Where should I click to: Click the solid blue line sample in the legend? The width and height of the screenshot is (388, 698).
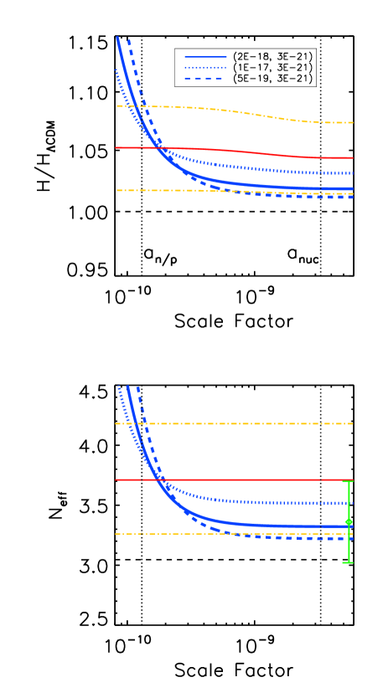pyautogui.click(x=205, y=57)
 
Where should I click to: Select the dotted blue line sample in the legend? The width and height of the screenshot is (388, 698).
pyautogui.click(x=205, y=68)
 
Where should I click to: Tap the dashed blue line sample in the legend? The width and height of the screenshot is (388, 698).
pyautogui.click(x=204, y=79)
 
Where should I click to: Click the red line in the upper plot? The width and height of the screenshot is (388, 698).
pyautogui.click(x=251, y=152)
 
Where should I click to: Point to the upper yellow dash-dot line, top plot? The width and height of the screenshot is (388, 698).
pyautogui.click(x=251, y=113)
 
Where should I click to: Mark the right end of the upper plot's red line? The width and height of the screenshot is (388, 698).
pyautogui.click(x=352, y=157)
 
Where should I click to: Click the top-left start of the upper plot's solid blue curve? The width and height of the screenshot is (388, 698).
pyautogui.click(x=117, y=38)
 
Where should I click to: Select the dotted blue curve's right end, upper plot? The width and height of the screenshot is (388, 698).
pyautogui.click(x=352, y=173)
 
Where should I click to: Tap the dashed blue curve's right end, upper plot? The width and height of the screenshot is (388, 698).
pyautogui.click(x=352, y=198)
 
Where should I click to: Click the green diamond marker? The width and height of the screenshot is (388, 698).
pyautogui.click(x=349, y=521)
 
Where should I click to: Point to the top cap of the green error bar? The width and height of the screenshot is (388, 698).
pyautogui.click(x=349, y=481)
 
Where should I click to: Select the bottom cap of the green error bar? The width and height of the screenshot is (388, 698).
pyautogui.click(x=348, y=562)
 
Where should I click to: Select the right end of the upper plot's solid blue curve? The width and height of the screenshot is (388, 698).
pyautogui.click(x=352, y=188)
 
